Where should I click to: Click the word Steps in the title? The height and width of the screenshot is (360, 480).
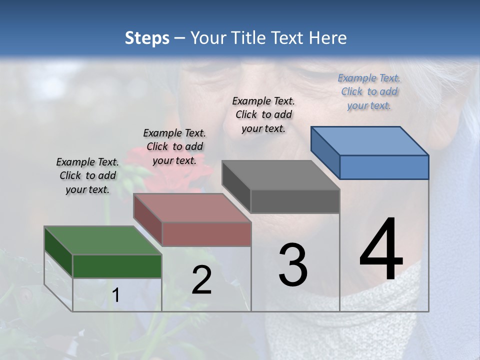147,38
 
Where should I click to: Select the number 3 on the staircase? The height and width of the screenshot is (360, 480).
293,265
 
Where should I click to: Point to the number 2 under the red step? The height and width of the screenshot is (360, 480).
201,280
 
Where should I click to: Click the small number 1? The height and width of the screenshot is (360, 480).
116,295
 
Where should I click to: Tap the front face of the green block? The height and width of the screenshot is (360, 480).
117,266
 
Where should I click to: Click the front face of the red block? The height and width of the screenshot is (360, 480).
206,234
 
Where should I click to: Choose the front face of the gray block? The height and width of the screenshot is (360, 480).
295,201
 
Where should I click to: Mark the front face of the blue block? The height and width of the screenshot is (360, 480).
384,167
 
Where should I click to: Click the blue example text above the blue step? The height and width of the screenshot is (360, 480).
369,91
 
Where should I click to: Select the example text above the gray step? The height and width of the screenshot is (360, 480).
263,114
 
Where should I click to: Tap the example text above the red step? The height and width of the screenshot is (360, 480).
174,146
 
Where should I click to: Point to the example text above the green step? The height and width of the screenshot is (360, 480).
87,175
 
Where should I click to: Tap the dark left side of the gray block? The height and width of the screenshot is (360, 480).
236,186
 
